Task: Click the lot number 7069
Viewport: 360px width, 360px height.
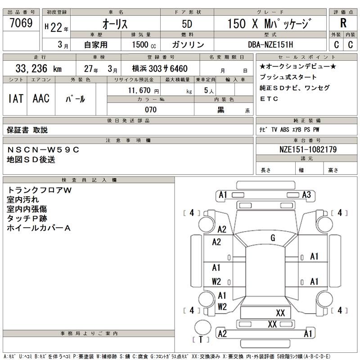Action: tap(21, 24)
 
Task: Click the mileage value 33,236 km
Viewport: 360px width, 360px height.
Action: tap(39, 69)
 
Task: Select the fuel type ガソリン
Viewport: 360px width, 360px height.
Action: tap(188, 45)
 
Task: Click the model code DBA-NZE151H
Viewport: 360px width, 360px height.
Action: tap(270, 45)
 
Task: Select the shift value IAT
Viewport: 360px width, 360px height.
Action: tap(16, 99)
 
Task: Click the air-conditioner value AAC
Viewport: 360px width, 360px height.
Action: tap(41, 99)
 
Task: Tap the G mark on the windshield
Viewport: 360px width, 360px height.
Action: tap(273, 238)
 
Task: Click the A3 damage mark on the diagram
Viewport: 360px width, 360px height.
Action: tap(306, 195)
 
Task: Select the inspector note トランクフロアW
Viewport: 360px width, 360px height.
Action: tap(39, 190)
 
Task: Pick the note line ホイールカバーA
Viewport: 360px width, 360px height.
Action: tap(39, 228)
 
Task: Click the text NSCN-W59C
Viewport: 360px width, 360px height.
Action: tap(43, 150)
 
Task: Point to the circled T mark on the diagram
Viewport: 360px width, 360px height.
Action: tap(201, 339)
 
